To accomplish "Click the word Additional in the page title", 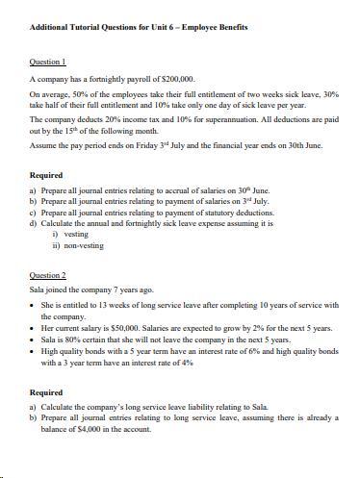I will click(50, 27).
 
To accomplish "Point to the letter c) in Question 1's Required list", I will click(34, 212).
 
